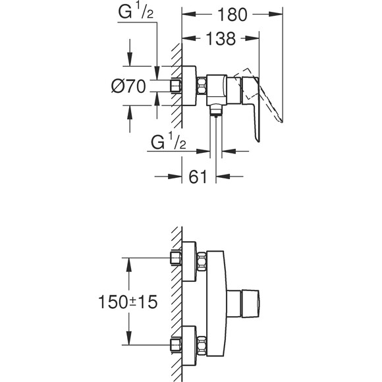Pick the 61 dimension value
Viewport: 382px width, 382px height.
pos(200,176)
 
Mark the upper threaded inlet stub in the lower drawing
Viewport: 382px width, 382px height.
pos(176,258)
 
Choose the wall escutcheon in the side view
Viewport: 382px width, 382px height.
pos(189,86)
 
